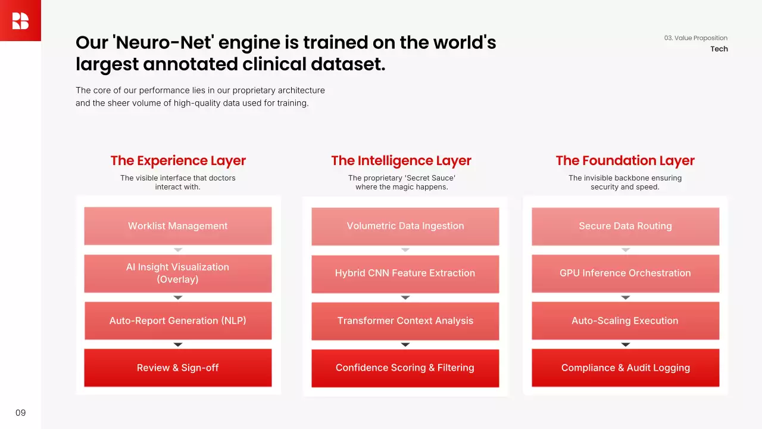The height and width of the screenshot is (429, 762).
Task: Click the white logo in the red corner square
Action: [20, 21]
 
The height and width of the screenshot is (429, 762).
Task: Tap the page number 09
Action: [20, 413]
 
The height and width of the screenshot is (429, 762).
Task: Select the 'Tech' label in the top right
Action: [719, 49]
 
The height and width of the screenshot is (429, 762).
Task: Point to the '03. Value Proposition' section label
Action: [696, 38]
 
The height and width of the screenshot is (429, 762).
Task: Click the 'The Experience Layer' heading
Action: [178, 161]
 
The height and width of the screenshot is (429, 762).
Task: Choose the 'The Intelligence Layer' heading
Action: [401, 161]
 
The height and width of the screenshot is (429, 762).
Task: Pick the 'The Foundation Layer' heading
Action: [625, 161]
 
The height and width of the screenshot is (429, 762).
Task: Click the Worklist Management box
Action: [178, 226]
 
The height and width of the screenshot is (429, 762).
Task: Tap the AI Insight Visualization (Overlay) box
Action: [178, 273]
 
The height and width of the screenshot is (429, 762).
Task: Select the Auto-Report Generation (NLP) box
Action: [178, 321]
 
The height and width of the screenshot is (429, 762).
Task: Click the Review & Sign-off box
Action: [178, 368]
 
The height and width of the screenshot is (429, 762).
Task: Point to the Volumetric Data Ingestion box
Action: [405, 226]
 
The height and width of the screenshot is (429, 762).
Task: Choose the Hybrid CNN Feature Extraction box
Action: [405, 273]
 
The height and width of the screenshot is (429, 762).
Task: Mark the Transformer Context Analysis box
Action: [405, 321]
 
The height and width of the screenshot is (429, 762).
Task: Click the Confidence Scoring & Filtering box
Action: [405, 368]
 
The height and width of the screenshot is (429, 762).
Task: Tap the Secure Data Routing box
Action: [626, 226]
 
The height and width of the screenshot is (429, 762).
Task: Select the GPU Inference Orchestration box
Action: [626, 273]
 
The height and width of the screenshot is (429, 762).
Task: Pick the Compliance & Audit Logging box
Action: [626, 368]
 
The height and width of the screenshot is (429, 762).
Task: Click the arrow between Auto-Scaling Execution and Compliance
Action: [626, 344]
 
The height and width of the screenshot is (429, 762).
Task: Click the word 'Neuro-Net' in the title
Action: [165, 42]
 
